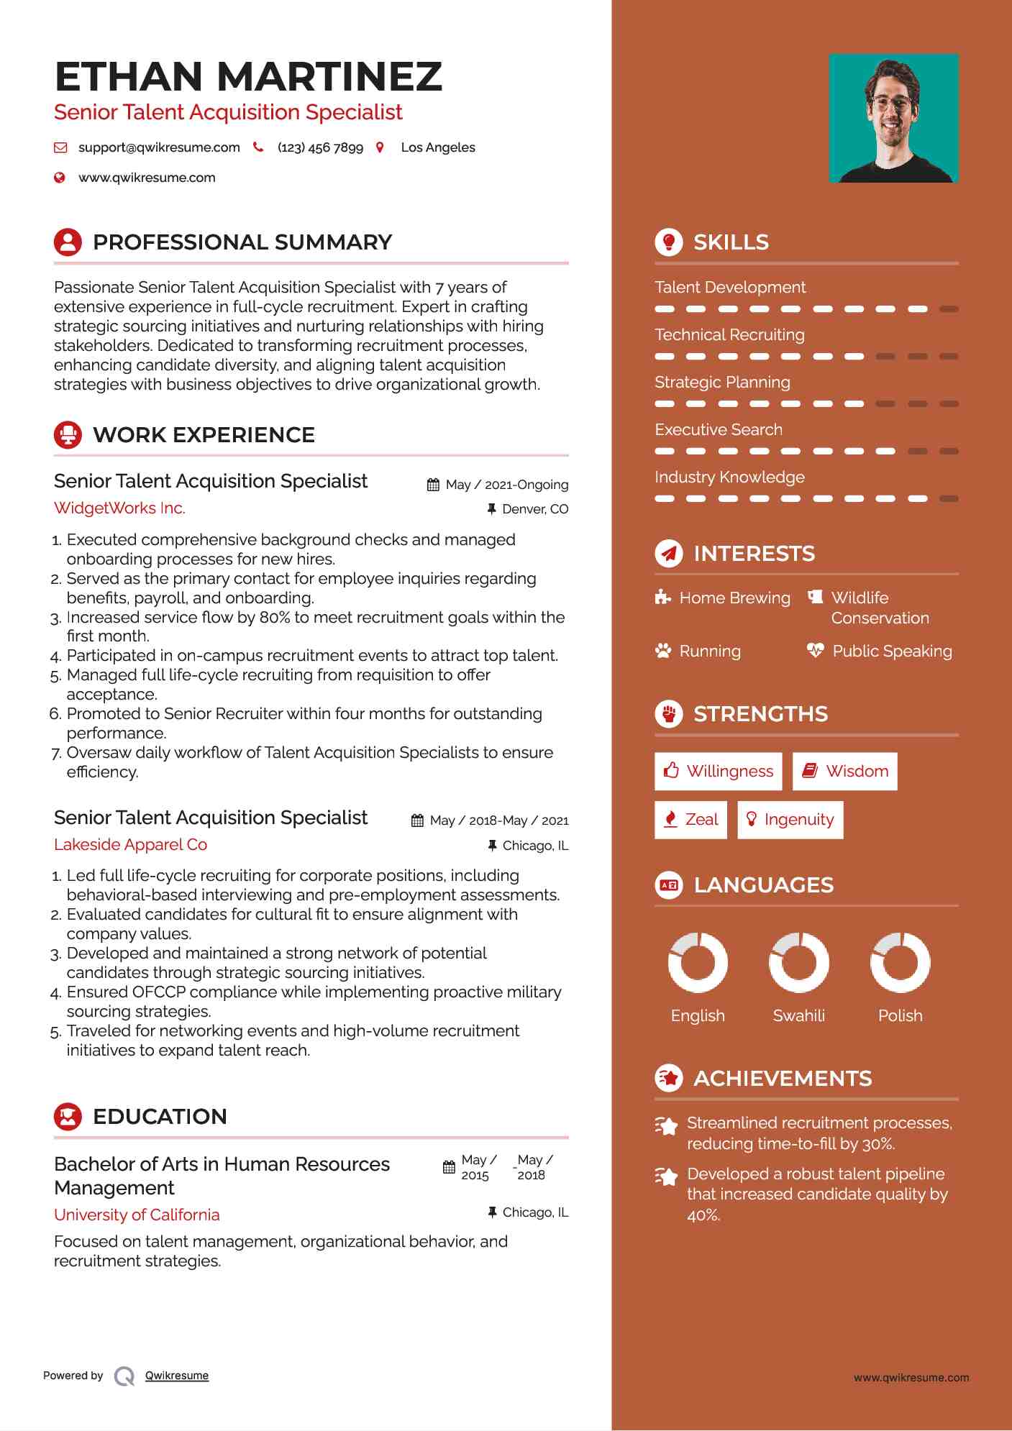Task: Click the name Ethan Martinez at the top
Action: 248,77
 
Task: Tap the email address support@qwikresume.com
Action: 159,147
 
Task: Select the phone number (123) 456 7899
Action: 320,147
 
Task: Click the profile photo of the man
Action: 893,119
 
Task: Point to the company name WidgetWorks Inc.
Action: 119,508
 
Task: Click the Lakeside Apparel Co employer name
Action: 130,845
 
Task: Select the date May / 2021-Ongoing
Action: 506,485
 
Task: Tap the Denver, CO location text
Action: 534,509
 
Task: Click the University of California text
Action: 137,1215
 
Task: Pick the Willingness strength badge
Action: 718,772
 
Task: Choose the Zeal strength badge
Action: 690,820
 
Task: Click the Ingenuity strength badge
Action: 790,820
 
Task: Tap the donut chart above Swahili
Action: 798,962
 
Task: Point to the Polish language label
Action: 900,1016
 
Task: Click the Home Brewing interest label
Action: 734,598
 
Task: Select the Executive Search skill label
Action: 718,430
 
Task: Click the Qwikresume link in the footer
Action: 177,1376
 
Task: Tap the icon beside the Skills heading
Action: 669,242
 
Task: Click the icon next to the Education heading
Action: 68,1117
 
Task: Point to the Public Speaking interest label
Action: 892,652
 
